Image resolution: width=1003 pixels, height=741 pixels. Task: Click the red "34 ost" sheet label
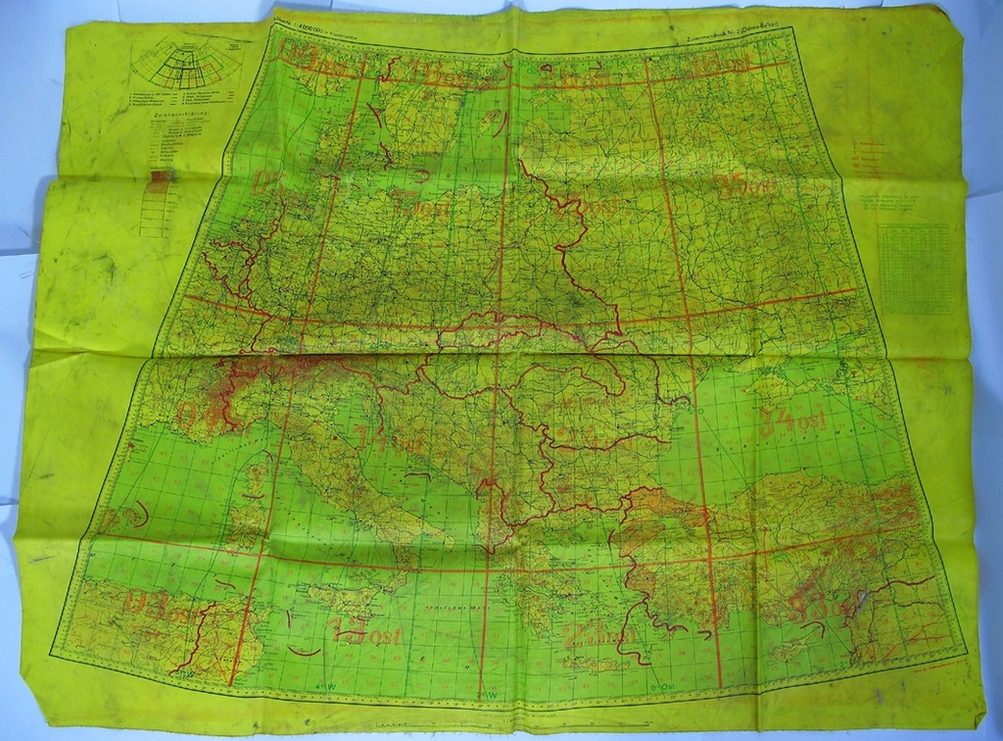tap(791, 421)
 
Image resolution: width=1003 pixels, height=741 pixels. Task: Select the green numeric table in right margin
tap(913, 269)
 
